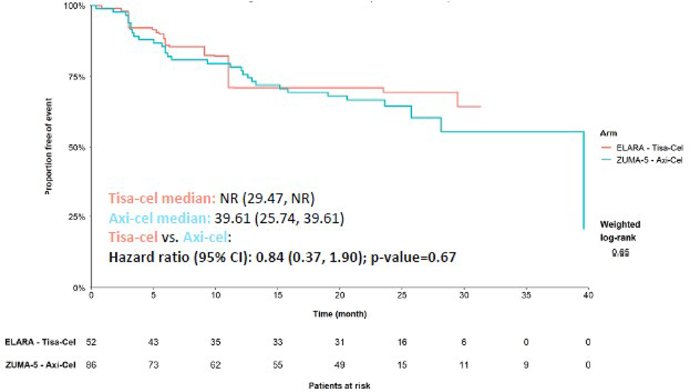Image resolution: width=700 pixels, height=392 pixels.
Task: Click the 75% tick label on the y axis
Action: tap(77, 77)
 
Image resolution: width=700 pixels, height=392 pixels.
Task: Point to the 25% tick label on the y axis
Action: tap(77, 217)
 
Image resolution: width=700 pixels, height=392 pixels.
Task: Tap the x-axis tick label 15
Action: tap(278, 296)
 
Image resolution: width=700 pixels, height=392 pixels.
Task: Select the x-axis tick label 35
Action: tap(526, 296)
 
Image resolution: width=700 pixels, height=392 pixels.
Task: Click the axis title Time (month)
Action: tap(340, 314)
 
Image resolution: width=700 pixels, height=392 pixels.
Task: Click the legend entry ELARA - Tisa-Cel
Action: tap(650, 148)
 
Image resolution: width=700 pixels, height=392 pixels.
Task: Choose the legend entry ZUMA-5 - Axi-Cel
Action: tap(650, 160)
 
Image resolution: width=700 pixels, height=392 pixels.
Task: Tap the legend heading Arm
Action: tap(608, 134)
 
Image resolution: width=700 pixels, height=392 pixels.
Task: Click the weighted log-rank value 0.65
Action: tap(620, 253)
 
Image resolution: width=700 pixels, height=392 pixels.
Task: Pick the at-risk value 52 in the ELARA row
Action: tap(91, 342)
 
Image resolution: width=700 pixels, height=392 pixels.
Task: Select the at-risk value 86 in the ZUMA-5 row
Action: tap(91, 365)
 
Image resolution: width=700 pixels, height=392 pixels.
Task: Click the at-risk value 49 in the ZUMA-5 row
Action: tap(340, 365)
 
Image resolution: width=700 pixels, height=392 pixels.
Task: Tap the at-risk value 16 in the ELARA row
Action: tap(402, 342)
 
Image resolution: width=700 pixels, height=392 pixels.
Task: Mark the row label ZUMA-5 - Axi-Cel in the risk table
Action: tap(40, 365)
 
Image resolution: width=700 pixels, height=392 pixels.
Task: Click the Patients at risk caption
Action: tap(339, 386)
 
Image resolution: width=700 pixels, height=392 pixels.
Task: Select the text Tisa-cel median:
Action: tap(161, 198)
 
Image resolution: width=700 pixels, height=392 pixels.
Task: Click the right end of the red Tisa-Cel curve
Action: tap(480, 107)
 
